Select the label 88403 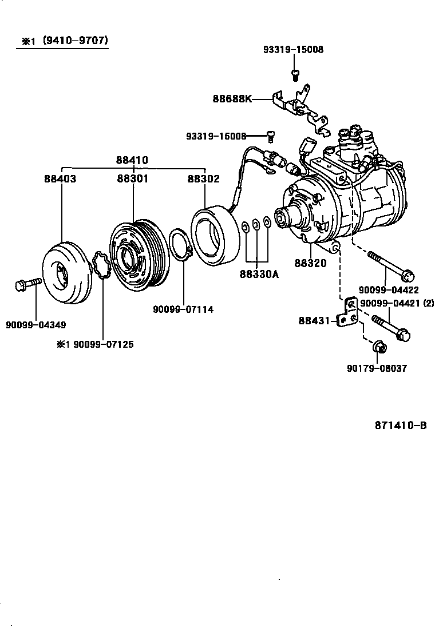click(x=60, y=178)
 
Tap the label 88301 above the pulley click(x=133, y=178)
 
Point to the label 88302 click(x=203, y=178)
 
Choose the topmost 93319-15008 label click(x=293, y=50)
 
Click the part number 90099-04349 click(x=35, y=325)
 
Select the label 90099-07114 click(x=183, y=309)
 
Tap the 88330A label click(x=259, y=275)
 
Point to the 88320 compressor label click(x=310, y=264)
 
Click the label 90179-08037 click(x=377, y=368)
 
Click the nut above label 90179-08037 click(x=378, y=347)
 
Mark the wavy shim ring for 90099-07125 click(x=101, y=265)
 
